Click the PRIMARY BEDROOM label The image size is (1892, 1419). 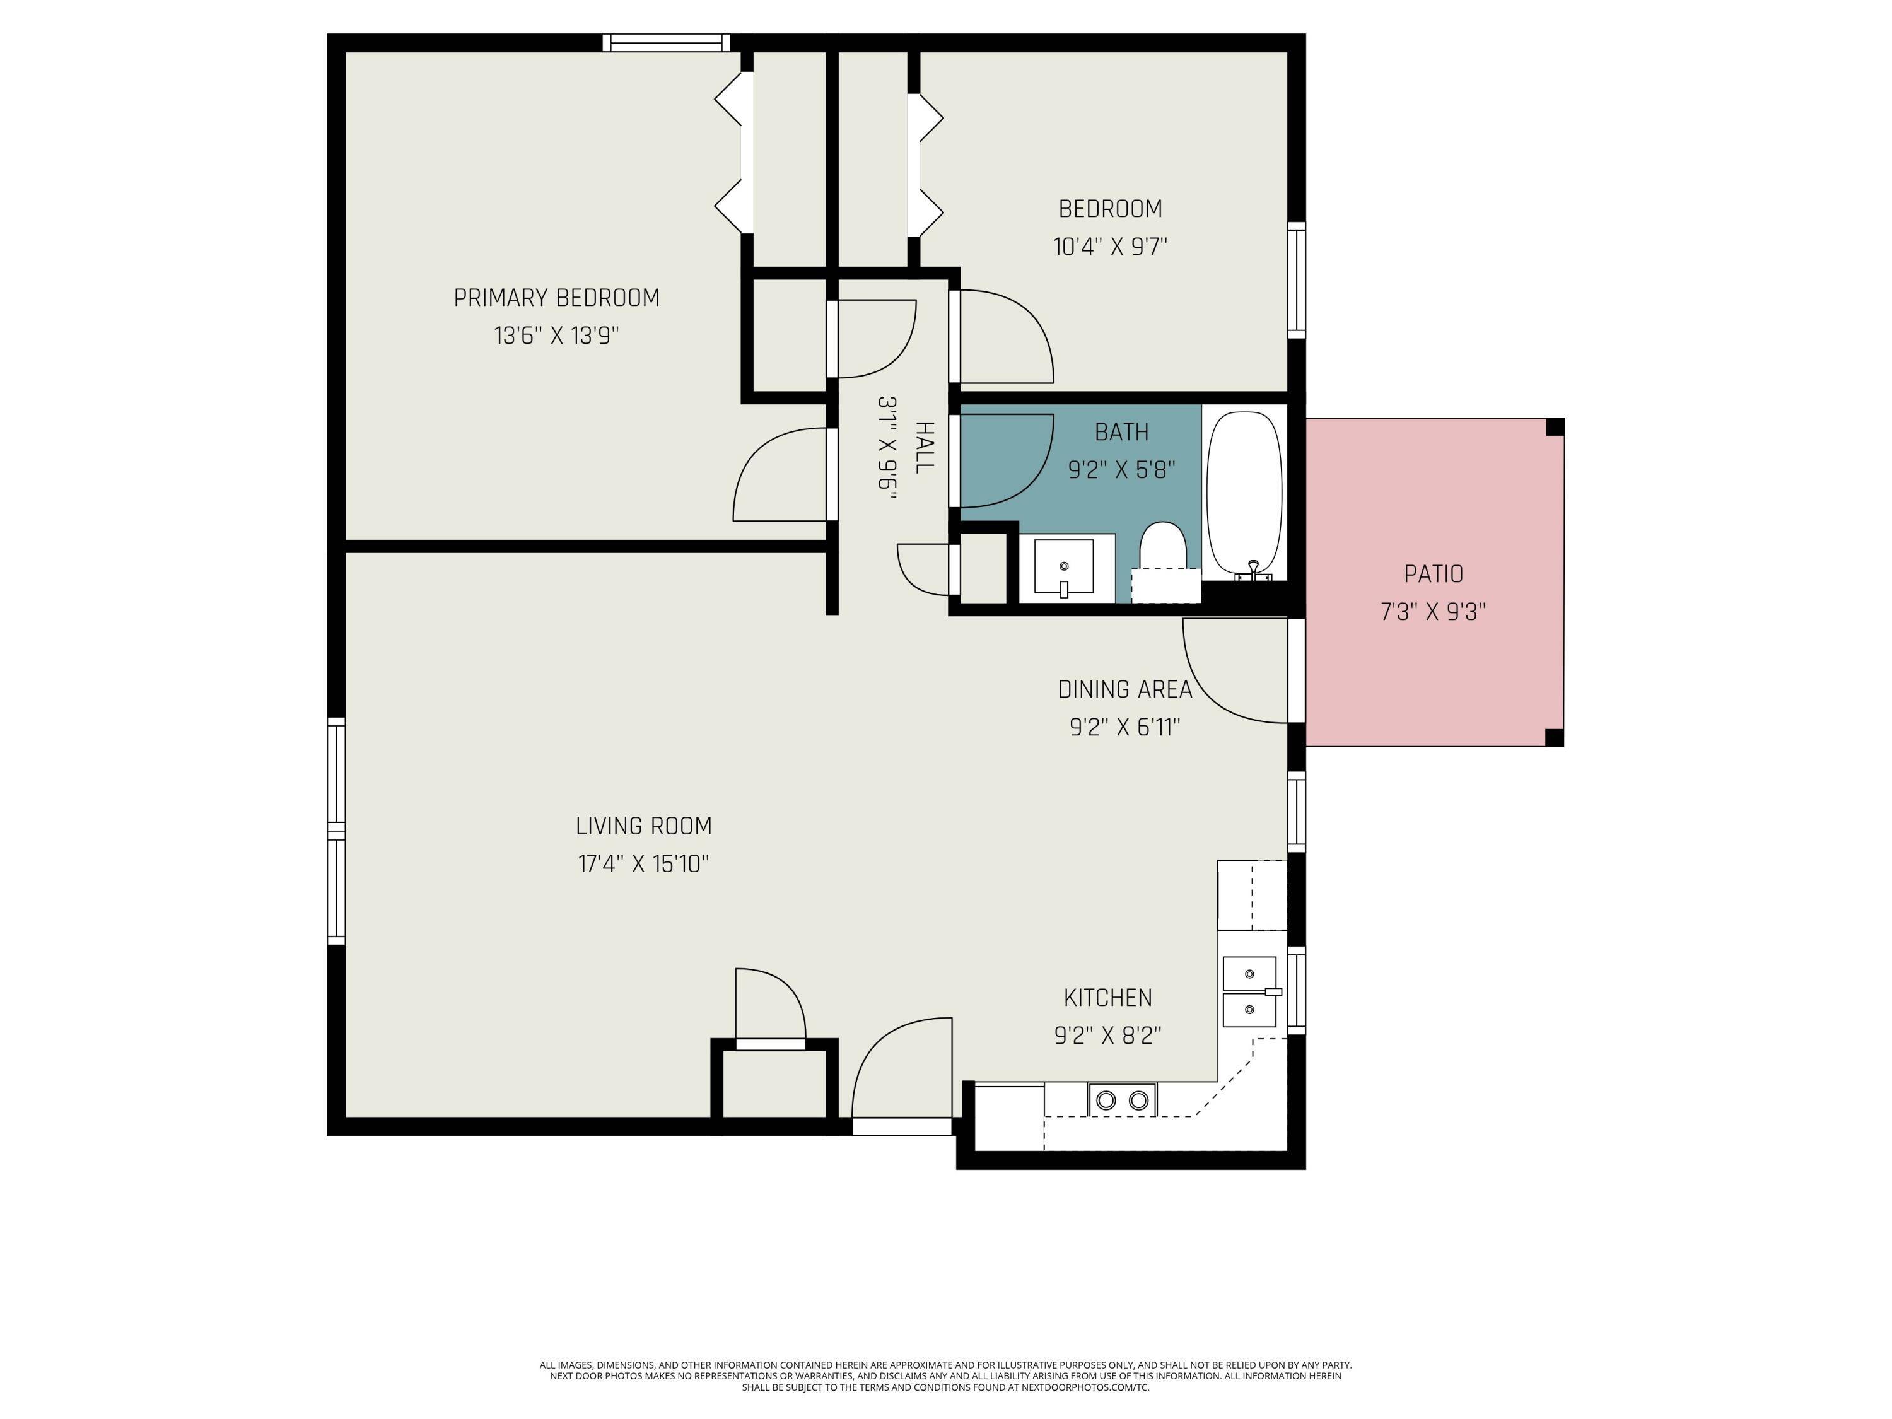click(x=556, y=298)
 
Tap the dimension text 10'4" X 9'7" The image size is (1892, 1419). click(x=1109, y=247)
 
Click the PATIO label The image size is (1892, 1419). click(x=1433, y=574)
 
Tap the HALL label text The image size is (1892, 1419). click(x=925, y=447)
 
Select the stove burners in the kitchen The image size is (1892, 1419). click(x=1121, y=1100)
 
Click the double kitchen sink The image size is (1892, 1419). click(x=1249, y=991)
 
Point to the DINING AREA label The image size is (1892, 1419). click(x=1124, y=689)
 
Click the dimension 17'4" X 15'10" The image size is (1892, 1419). click(x=643, y=864)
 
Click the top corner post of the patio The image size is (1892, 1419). click(x=1555, y=427)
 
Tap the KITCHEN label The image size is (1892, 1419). click(x=1107, y=997)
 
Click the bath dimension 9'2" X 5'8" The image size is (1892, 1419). click(x=1121, y=470)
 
